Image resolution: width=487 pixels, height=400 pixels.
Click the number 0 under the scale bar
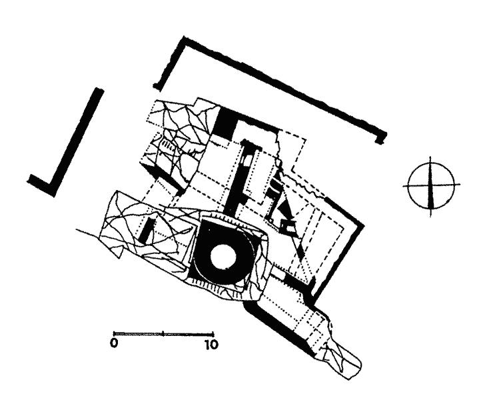[115, 344]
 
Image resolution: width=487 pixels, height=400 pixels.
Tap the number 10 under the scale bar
[211, 344]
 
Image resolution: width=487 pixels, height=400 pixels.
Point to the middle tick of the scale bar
[163, 334]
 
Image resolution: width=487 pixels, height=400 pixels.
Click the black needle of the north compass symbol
[430, 187]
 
